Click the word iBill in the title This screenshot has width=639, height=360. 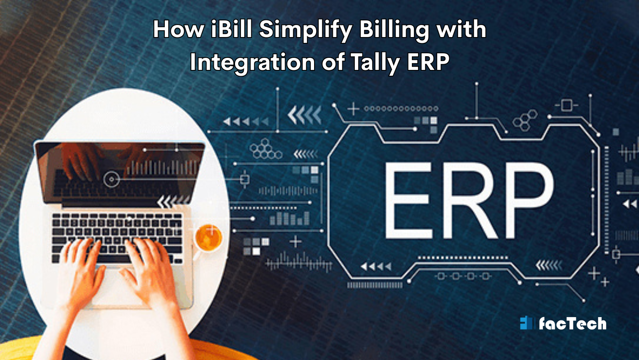coord(230,30)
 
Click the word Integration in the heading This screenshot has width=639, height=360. coord(253,62)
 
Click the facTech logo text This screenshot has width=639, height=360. coord(572,323)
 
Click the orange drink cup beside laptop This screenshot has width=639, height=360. coord(208,238)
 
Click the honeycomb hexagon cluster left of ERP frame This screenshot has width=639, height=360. coord(265,149)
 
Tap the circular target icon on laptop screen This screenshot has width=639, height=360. coord(111,179)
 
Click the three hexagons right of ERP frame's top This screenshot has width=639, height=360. coord(525,120)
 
